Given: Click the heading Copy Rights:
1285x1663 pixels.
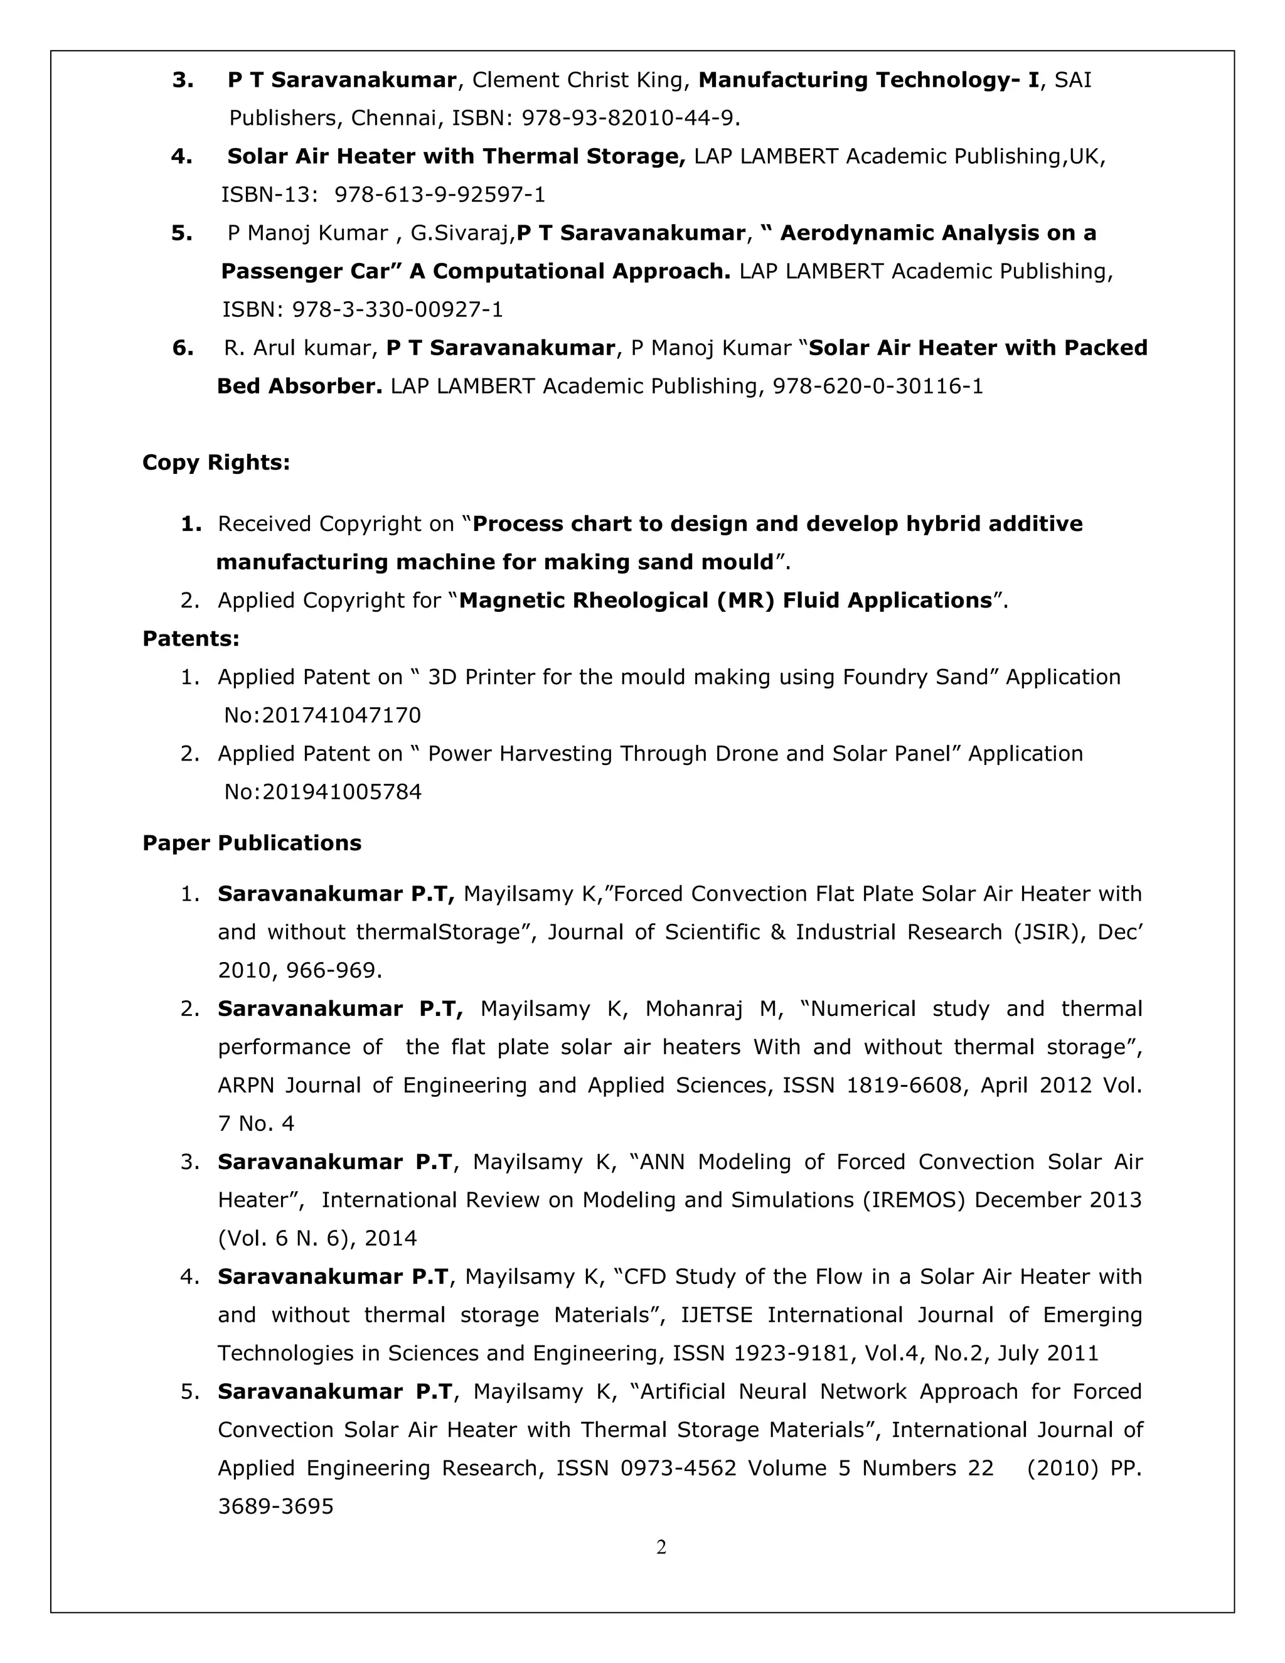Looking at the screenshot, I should [216, 463].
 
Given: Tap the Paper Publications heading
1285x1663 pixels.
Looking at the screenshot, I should [252, 843].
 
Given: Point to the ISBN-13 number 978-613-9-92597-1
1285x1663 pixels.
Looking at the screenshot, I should [440, 195].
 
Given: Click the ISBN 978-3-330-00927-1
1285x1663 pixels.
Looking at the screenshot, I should [397, 309].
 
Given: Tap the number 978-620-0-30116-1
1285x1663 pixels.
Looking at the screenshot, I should [878, 386].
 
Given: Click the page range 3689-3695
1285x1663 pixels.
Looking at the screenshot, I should [275, 1506].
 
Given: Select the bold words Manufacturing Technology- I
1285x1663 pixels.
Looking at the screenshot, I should [868, 80].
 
